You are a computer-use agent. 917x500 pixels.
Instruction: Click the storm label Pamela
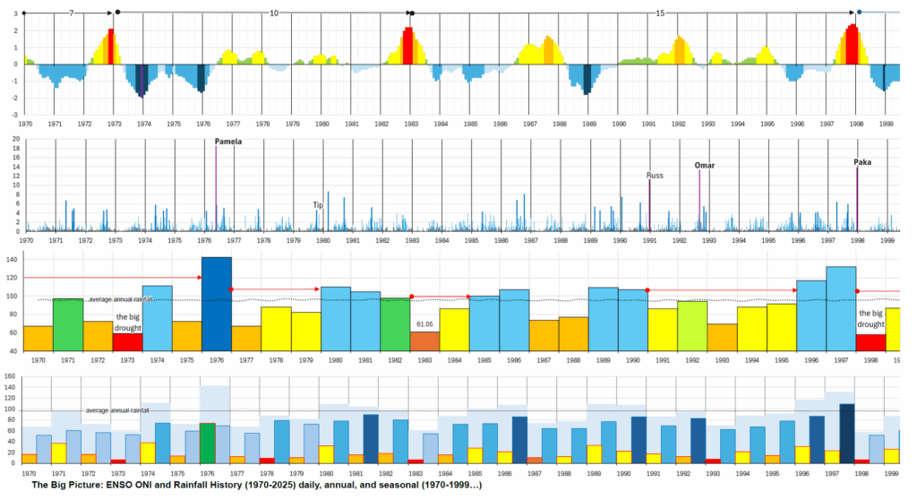(228, 142)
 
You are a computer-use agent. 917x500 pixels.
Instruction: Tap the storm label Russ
(656, 176)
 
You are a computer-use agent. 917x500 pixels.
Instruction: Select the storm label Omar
(705, 165)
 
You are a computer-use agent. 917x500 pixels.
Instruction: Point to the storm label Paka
(862, 162)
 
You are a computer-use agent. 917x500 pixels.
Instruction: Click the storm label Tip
(318, 204)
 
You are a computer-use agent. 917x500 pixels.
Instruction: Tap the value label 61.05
(424, 323)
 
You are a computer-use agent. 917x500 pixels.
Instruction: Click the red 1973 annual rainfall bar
(127, 341)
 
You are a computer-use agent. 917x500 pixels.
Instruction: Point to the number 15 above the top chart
(660, 13)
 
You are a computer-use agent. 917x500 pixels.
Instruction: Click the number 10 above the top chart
(274, 13)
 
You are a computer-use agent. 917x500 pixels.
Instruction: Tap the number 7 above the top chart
(71, 13)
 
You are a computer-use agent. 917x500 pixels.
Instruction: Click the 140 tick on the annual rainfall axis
(13, 260)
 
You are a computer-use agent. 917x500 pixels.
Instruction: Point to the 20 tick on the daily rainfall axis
(8, 140)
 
